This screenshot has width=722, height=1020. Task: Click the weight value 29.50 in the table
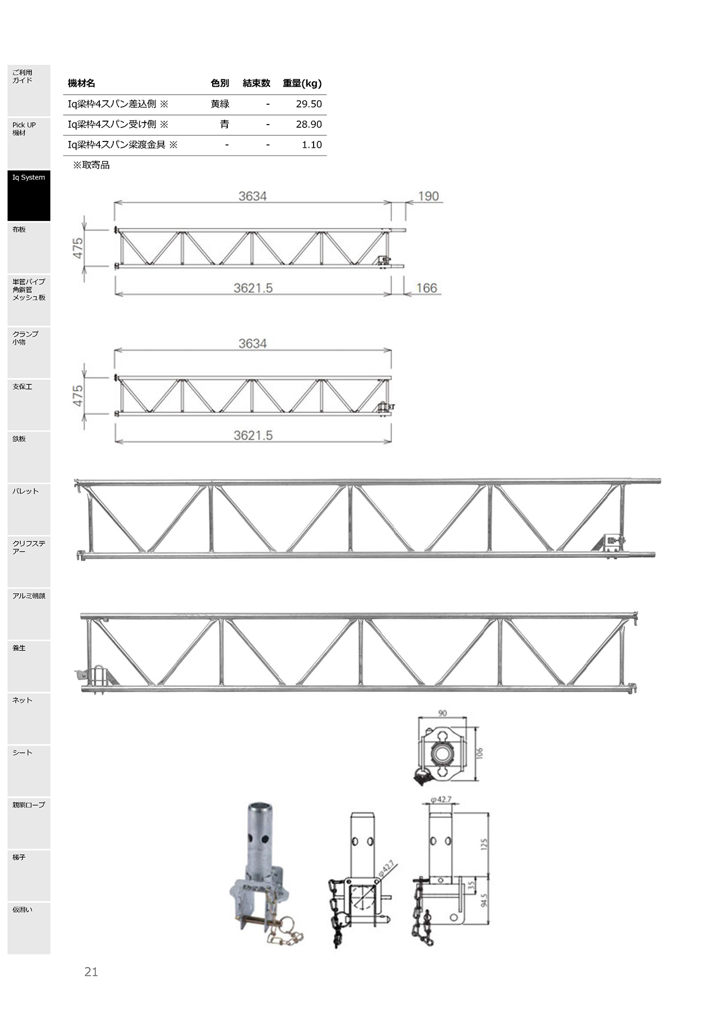click(x=309, y=104)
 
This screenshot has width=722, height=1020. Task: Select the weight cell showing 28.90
click(x=309, y=125)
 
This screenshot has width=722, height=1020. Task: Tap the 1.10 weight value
click(x=311, y=145)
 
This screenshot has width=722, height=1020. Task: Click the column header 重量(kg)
click(x=302, y=83)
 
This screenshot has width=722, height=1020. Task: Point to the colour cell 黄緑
click(x=220, y=104)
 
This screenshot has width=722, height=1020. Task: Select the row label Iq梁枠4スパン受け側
click(x=112, y=125)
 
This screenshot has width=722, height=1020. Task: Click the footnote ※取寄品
click(x=91, y=165)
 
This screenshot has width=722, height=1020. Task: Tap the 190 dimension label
click(x=428, y=196)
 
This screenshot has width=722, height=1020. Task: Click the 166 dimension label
click(x=426, y=288)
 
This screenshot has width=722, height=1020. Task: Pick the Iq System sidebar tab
click(x=29, y=196)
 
